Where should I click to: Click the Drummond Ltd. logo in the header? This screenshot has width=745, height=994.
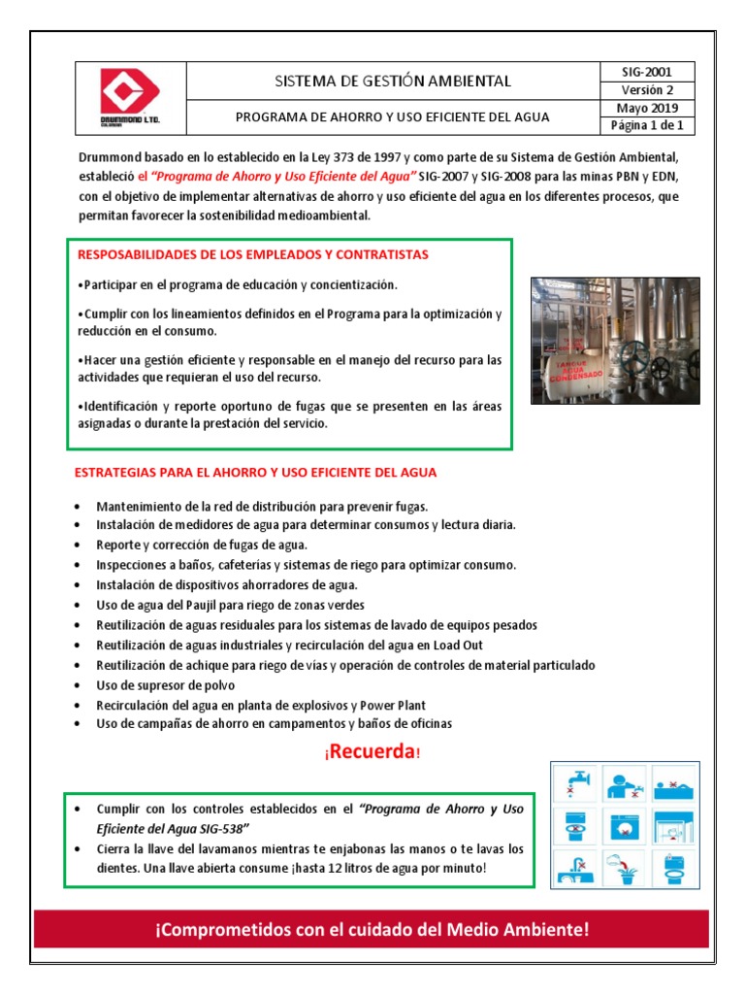[130, 98]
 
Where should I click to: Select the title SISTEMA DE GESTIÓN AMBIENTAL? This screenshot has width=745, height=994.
[393, 81]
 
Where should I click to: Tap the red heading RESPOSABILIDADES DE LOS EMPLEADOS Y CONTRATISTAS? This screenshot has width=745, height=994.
[251, 254]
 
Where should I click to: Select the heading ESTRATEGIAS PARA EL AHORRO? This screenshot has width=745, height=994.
[256, 473]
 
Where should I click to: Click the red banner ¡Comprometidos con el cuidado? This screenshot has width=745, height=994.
[372, 930]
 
